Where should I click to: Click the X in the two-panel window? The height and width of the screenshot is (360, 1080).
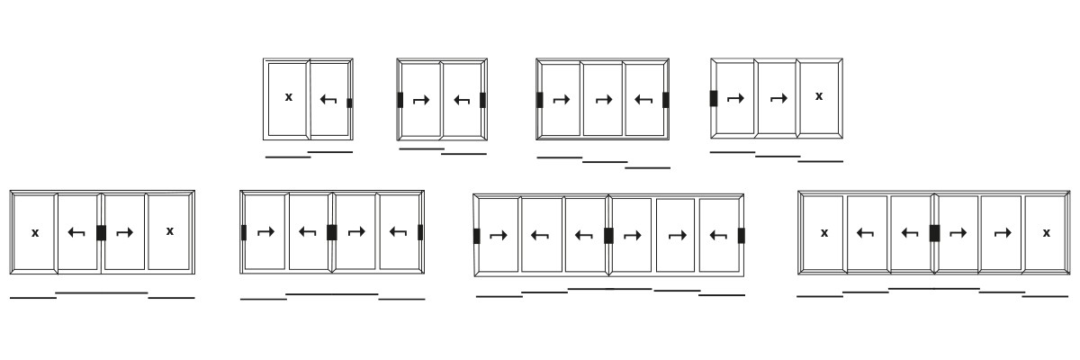pos(289,97)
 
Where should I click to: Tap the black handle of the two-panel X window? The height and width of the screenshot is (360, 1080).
pos(349,103)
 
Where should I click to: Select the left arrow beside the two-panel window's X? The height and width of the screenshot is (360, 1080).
pos(328,99)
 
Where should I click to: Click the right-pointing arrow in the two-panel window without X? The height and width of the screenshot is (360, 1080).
pos(420,100)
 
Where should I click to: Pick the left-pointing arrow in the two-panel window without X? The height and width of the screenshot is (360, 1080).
pos(463,100)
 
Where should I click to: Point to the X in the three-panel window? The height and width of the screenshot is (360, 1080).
pos(819,96)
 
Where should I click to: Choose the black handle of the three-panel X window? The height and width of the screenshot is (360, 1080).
pos(714,98)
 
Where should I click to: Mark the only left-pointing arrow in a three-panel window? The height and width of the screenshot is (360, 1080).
pos(643,100)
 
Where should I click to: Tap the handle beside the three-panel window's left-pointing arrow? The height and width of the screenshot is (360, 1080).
pos(666,100)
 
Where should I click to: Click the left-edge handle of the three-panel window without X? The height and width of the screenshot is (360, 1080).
pos(540,100)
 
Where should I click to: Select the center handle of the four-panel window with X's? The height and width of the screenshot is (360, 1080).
pos(101,233)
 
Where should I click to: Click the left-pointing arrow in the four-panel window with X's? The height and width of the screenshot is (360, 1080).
pos(76,233)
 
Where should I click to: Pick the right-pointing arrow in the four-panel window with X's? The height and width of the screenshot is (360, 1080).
pos(124,233)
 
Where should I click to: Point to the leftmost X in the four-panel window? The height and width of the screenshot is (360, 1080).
pos(35,233)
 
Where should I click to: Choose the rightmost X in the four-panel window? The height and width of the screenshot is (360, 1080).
pos(170,231)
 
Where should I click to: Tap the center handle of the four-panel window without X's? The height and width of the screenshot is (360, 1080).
pos(332,232)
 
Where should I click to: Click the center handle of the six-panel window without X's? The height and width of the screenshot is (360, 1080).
pos(608,236)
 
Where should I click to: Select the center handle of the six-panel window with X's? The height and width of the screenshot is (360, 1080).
pos(934,233)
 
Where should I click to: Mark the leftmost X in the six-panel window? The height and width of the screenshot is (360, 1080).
pos(824,233)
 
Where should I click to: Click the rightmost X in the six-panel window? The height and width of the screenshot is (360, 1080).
pos(1046,233)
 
